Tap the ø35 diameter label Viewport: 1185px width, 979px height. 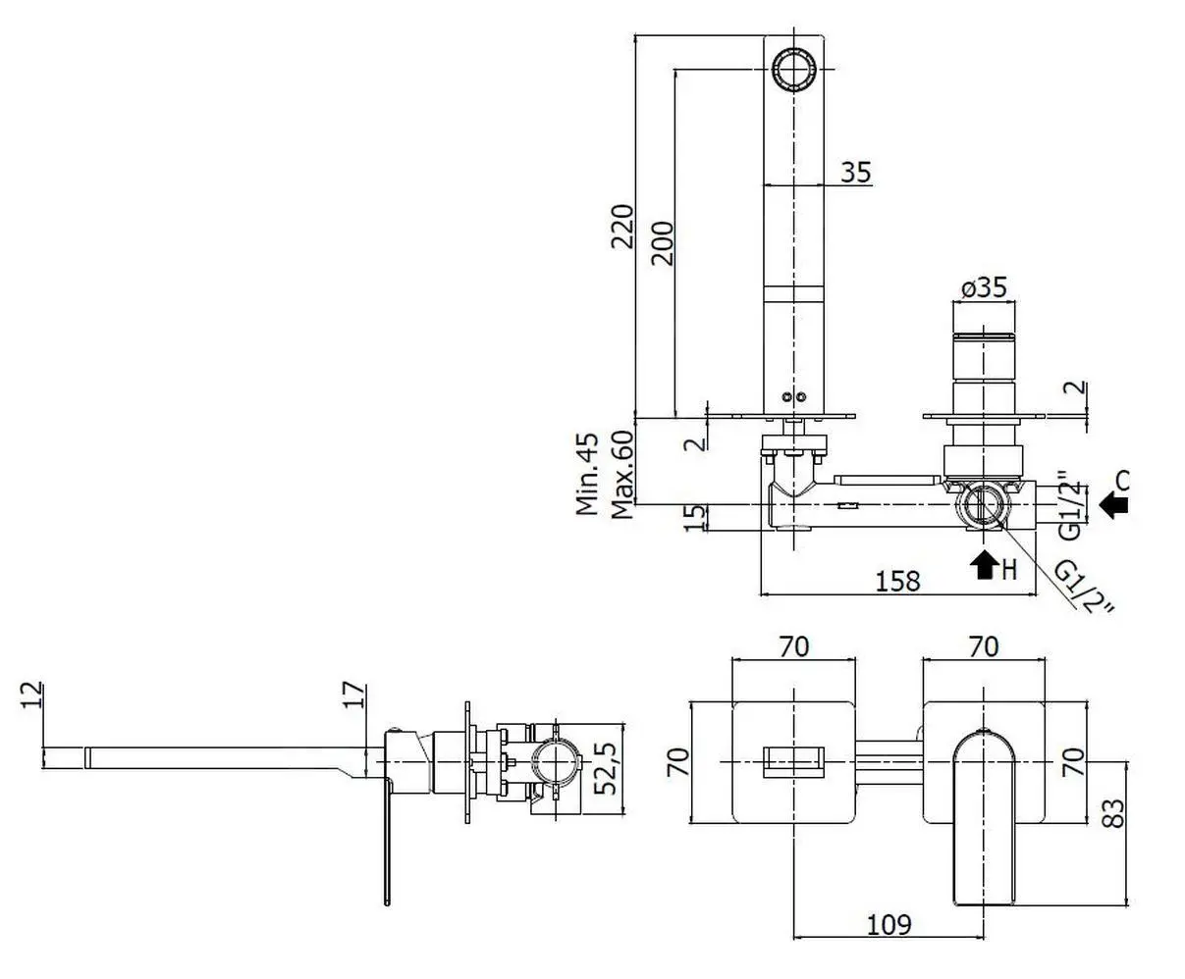(x=984, y=287)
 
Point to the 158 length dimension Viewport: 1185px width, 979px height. (x=896, y=581)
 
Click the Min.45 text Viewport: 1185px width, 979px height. (x=587, y=474)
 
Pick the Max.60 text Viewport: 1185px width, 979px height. (x=620, y=474)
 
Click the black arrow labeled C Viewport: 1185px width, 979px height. (x=1113, y=504)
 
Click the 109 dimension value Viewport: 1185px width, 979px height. (x=889, y=924)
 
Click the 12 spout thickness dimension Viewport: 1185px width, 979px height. (x=32, y=695)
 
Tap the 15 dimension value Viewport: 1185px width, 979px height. (x=694, y=517)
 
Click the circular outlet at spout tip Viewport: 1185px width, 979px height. (x=793, y=68)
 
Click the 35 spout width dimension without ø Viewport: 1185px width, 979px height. (x=855, y=172)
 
